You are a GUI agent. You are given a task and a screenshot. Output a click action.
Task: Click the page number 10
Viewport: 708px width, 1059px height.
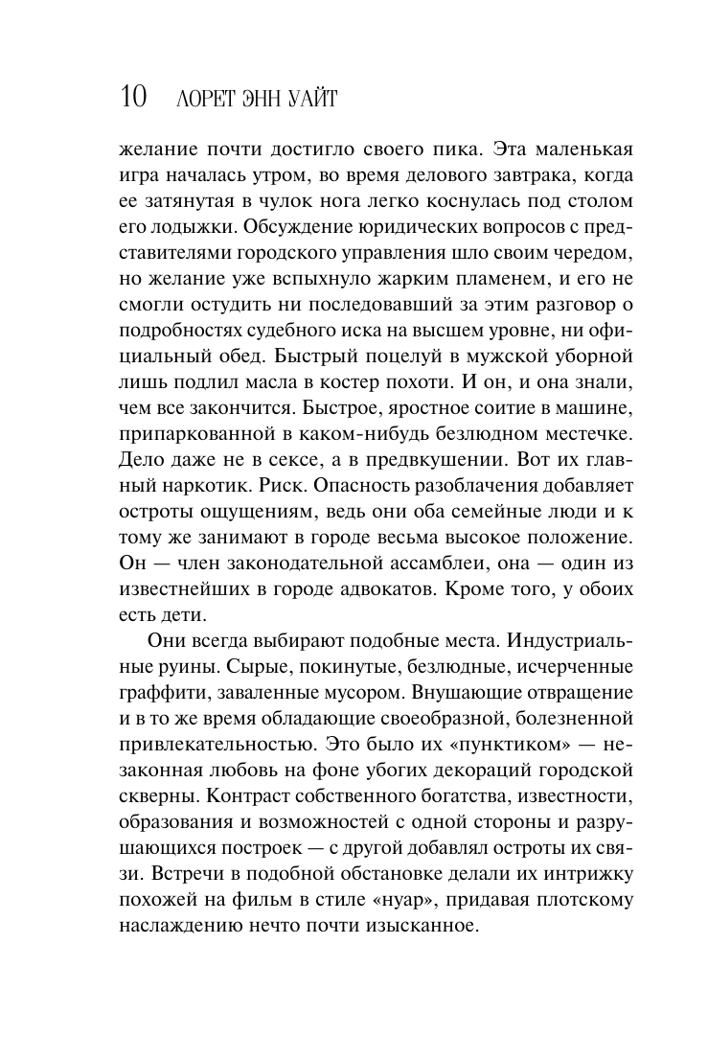pos(133,98)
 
